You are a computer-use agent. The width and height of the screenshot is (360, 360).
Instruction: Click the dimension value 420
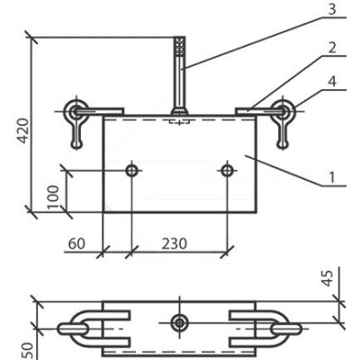tap(23, 130)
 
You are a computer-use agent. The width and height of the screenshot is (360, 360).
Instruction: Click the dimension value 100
tap(53, 197)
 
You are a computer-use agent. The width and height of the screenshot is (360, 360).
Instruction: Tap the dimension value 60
tap(76, 244)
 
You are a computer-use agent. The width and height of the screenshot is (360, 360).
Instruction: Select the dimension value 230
tap(175, 244)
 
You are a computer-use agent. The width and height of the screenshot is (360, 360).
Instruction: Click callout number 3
tap(331, 9)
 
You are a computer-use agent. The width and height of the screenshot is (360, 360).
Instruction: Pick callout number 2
tap(332, 48)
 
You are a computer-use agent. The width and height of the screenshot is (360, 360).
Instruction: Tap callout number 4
tap(332, 81)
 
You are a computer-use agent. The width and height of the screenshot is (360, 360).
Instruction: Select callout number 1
tap(331, 177)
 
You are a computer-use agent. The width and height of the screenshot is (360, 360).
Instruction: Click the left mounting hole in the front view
tap(131, 170)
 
